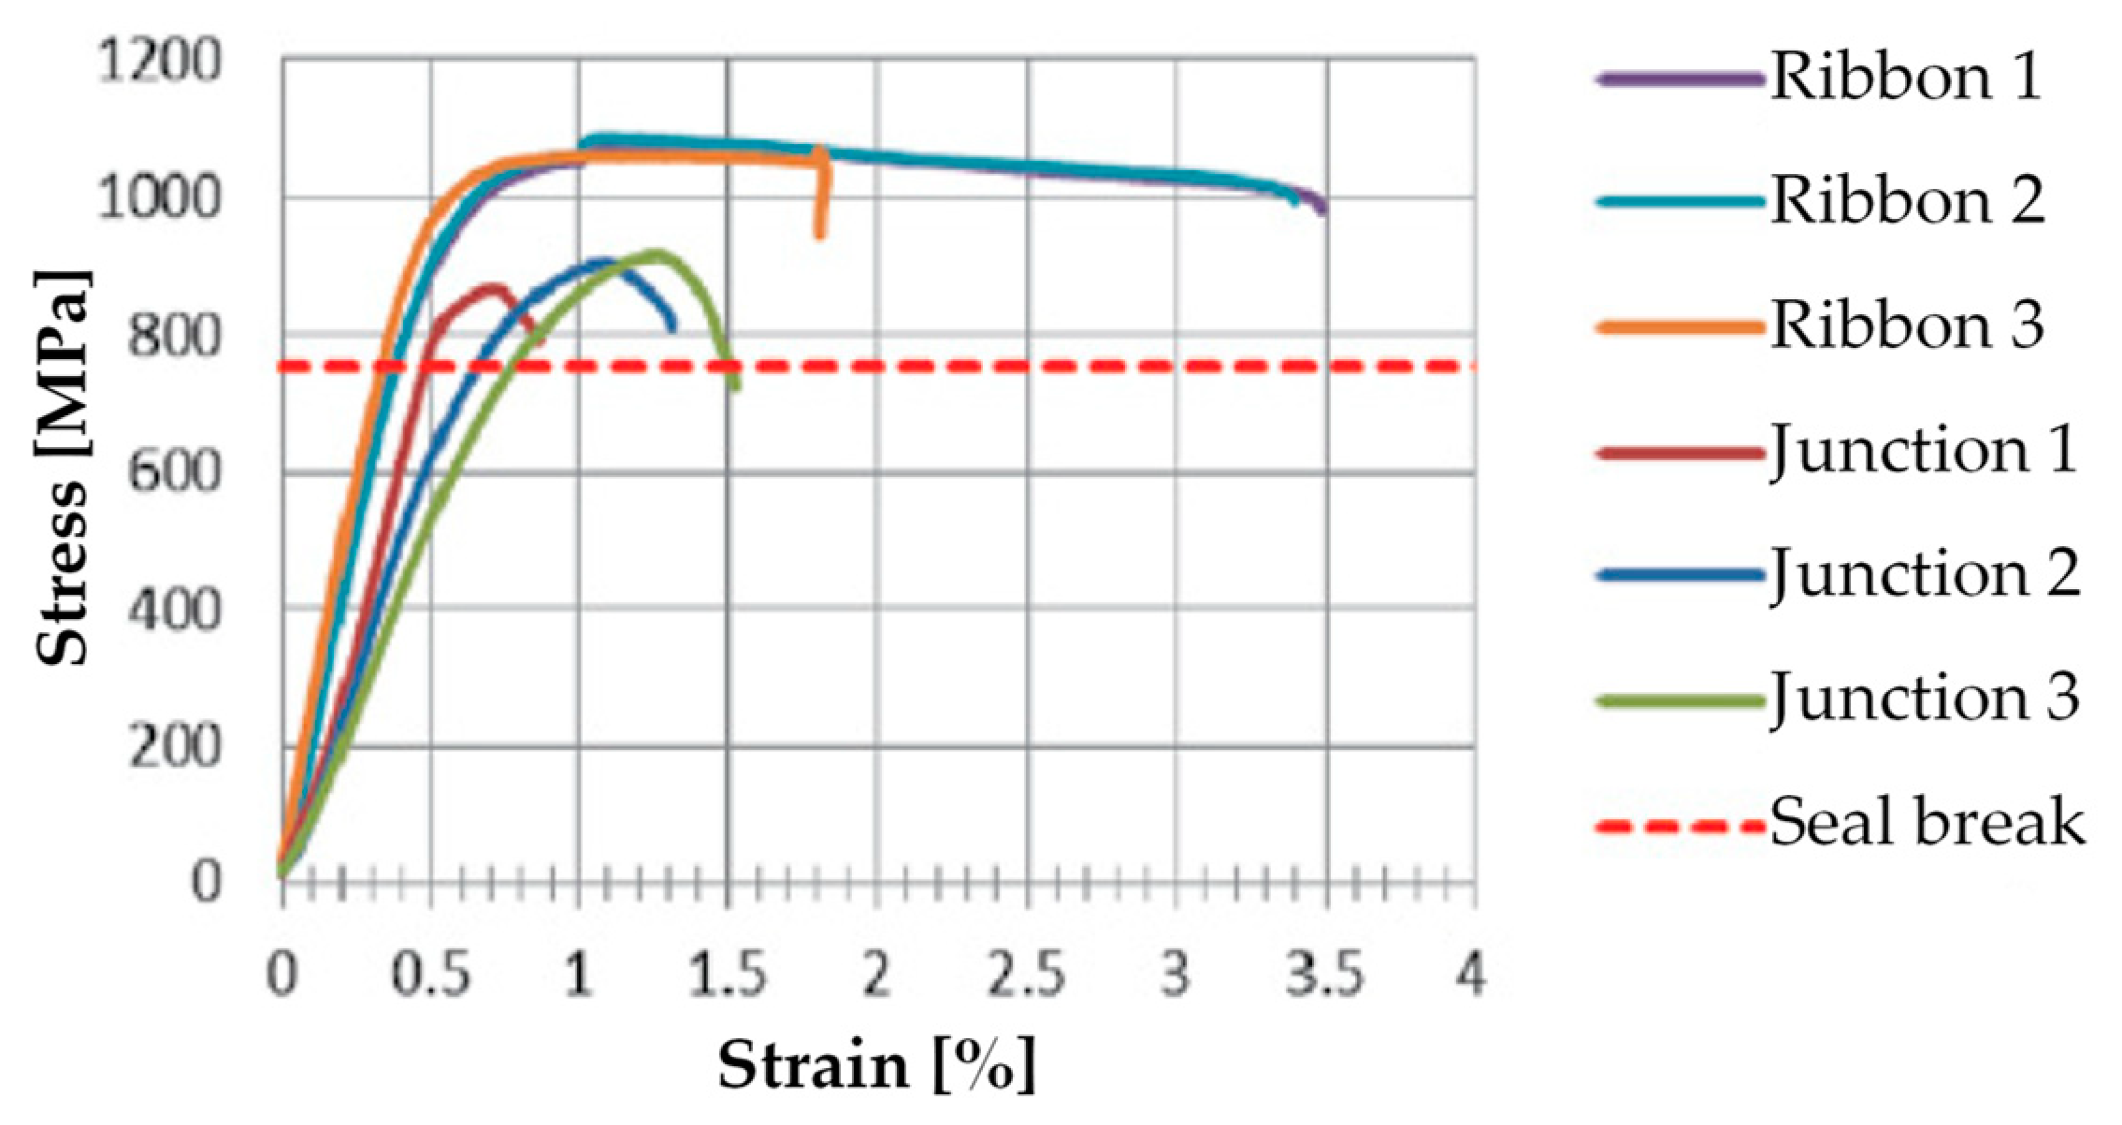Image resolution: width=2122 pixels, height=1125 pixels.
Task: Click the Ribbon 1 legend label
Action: click(x=1906, y=77)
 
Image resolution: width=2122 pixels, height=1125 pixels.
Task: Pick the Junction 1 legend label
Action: click(x=1923, y=451)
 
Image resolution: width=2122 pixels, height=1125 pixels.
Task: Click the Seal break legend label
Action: click(x=1927, y=823)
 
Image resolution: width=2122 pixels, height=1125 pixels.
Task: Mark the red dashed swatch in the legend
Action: click(x=1680, y=827)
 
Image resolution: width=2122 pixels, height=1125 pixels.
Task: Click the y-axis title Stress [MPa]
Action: click(x=64, y=468)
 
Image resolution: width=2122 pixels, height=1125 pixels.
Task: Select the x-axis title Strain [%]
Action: click(x=876, y=1064)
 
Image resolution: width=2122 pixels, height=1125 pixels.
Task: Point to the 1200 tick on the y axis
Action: click(x=160, y=62)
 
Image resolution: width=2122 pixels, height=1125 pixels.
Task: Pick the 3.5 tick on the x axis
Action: click(x=1325, y=974)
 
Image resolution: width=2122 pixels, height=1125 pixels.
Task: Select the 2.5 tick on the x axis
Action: click(x=1027, y=974)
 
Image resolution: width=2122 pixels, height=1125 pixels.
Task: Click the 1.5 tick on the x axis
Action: click(x=728, y=974)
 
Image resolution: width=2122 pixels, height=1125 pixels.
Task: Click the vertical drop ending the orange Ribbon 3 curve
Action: click(x=821, y=201)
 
